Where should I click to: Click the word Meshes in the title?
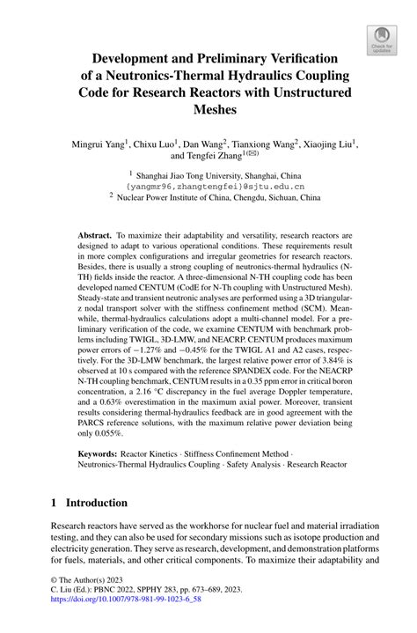(208, 109)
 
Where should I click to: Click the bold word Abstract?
(94, 237)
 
